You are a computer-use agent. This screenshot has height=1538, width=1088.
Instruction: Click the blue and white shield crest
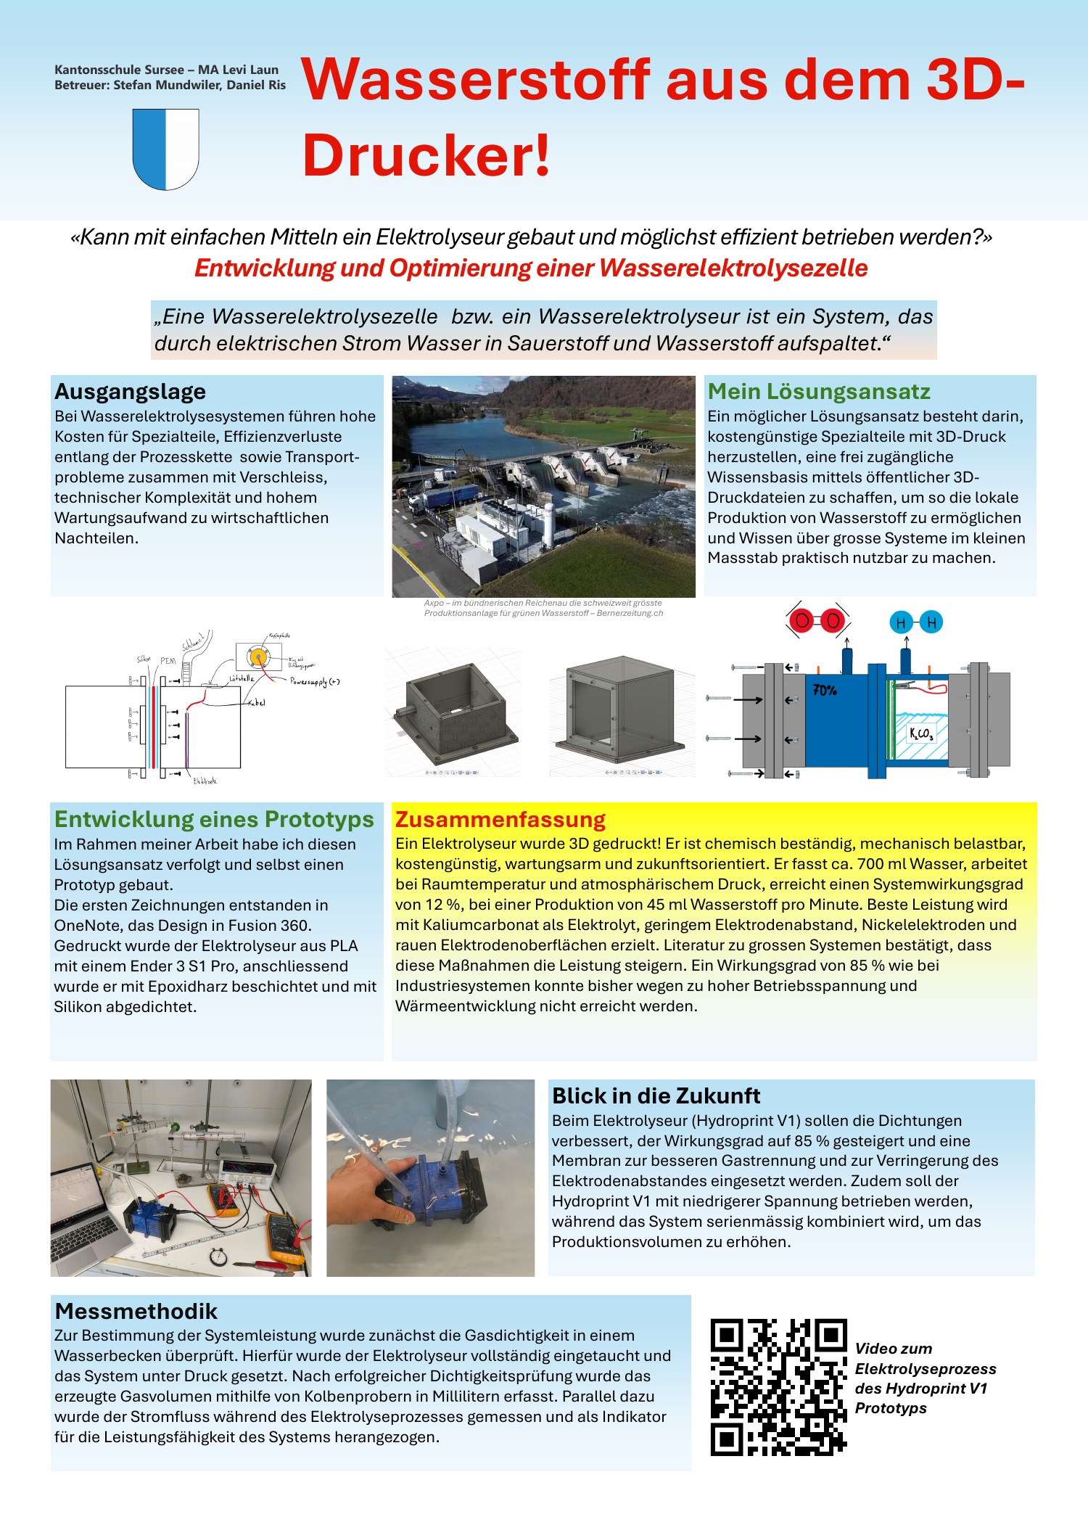(x=166, y=149)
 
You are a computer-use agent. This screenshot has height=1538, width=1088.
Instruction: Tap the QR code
(x=778, y=1387)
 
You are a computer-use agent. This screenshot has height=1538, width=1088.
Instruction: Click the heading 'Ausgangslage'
(x=131, y=392)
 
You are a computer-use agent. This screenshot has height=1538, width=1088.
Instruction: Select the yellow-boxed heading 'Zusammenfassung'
(x=500, y=820)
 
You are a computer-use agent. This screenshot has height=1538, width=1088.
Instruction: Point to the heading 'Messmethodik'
(x=136, y=1311)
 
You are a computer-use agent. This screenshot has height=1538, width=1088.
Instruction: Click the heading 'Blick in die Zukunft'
(x=656, y=1095)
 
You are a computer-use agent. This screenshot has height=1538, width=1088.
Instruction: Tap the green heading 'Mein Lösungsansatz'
(x=819, y=392)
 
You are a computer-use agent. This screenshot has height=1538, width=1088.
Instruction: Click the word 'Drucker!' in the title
(x=426, y=155)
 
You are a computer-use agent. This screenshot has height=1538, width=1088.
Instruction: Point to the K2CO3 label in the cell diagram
(x=921, y=733)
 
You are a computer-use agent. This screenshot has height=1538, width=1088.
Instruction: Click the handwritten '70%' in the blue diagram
(x=825, y=690)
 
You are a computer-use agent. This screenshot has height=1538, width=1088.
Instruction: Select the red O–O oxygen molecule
(x=818, y=621)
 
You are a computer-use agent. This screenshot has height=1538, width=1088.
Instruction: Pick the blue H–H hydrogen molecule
(x=916, y=622)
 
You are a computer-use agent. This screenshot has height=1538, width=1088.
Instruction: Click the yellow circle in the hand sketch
(x=257, y=657)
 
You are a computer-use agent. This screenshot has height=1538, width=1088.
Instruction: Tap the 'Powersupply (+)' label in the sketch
(x=315, y=682)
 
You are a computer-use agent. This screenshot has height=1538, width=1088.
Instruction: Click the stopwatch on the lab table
(x=218, y=1254)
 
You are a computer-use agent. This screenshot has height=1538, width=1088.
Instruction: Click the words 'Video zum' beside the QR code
(x=894, y=1349)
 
